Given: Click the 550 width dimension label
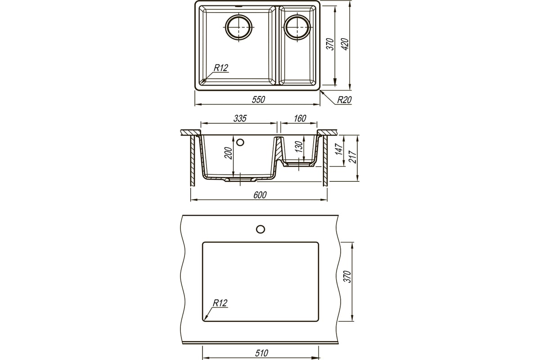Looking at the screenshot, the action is pos(258,99).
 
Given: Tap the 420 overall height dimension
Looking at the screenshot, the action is pos(346,44).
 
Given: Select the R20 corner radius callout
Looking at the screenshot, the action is pos(344,100).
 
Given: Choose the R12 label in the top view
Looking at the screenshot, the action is pos(221,68).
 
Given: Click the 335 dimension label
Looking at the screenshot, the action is pos(240,118).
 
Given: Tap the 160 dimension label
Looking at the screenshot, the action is pos(300,118).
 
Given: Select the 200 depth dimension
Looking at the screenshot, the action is pos(228,153).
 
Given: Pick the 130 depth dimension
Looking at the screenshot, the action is pos(299,147).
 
